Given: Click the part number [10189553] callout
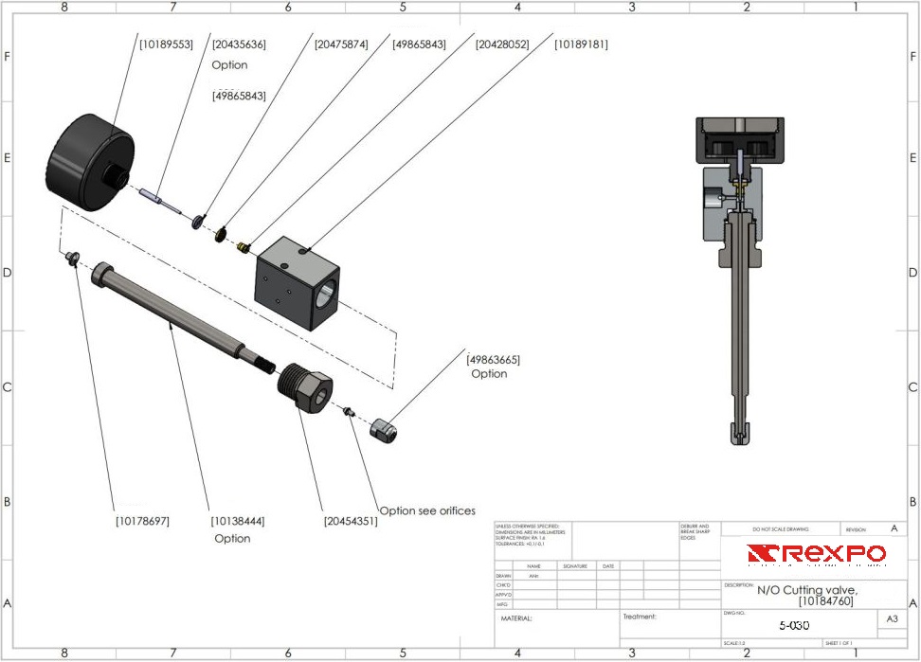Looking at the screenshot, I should tap(166, 45).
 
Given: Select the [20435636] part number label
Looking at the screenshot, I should tap(239, 45).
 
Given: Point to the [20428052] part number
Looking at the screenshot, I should tap(502, 45).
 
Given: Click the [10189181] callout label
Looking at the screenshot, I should tap(581, 45).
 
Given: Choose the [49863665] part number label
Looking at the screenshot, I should tap(494, 359).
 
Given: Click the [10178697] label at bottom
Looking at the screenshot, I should tap(143, 521).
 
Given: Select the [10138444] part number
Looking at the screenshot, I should tap(238, 521).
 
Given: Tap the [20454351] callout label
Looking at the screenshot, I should tap(352, 521).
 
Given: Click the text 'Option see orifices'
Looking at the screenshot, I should tap(427, 510).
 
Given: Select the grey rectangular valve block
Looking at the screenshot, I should tap(296, 278).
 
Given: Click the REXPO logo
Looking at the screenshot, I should tap(816, 554).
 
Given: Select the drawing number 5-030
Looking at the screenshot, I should tap(794, 625).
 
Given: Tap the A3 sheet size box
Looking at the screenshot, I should tap(891, 618).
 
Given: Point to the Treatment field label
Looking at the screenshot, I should tap(640, 617).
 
